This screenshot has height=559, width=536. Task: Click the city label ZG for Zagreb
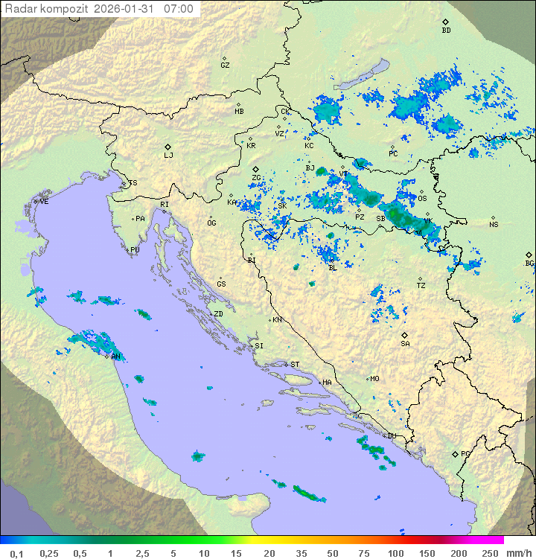[x=256, y=178]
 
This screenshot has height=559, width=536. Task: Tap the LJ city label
[x=168, y=156]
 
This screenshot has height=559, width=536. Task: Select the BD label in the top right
[x=446, y=31]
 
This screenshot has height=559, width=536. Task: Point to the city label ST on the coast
[x=295, y=364]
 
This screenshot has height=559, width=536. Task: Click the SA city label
[x=405, y=344]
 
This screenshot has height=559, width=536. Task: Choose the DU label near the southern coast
[x=391, y=436]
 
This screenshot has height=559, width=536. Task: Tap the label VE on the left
[x=44, y=202]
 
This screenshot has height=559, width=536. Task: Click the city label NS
[x=494, y=224]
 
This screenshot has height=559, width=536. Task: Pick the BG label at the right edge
[x=529, y=263]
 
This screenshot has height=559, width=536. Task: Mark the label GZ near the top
[x=225, y=66]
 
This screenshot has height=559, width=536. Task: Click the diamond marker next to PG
[x=455, y=453]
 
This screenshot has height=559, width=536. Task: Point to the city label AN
[x=116, y=357]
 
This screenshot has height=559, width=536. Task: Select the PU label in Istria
[x=135, y=250]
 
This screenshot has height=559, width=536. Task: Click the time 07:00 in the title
[x=178, y=9]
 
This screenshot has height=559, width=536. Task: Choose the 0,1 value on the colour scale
[x=16, y=553]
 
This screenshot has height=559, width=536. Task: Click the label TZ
[x=421, y=285]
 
